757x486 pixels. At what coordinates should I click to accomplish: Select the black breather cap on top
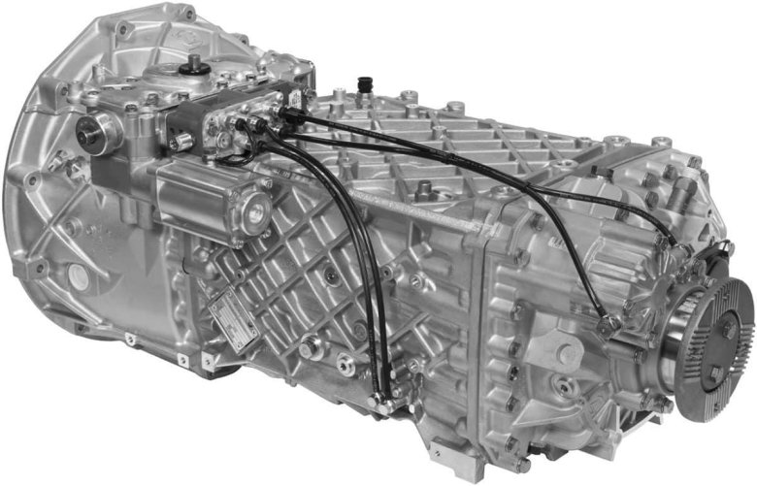click(366, 83)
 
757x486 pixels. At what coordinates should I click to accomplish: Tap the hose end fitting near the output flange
click(604, 321)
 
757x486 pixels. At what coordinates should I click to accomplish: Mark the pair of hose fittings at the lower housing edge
click(386, 392)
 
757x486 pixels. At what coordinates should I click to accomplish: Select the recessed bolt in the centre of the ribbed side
click(330, 275)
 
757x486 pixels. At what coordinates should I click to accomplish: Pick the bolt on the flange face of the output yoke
click(727, 331)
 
